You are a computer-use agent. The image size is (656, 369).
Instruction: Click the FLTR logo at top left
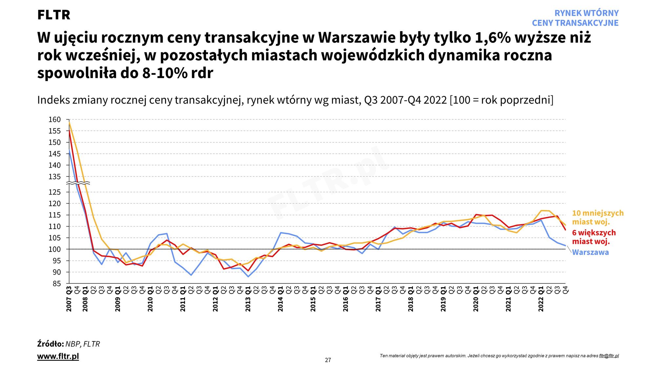click(54, 15)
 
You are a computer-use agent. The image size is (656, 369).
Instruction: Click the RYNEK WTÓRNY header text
click(586, 13)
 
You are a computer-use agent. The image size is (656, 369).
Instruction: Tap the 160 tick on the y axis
click(55, 120)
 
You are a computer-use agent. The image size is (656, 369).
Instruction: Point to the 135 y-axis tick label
click(55, 177)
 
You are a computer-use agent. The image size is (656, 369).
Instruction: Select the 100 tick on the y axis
click(55, 249)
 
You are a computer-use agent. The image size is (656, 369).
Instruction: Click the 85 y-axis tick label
click(57, 283)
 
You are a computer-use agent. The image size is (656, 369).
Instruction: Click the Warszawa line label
click(590, 252)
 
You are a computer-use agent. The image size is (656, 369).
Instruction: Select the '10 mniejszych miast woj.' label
click(598, 217)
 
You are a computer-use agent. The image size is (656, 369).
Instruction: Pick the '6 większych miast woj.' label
click(594, 237)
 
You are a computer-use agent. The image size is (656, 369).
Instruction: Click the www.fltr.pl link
click(58, 356)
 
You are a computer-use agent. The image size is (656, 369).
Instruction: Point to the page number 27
click(328, 360)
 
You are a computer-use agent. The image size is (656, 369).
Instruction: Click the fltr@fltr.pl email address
click(609, 356)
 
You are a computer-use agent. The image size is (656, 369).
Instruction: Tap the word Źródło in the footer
click(50, 344)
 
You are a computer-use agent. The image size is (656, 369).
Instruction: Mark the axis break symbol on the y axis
click(78, 183)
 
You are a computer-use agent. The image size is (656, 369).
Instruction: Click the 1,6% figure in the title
click(493, 38)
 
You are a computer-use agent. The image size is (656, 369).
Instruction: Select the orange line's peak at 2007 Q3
click(69, 122)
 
